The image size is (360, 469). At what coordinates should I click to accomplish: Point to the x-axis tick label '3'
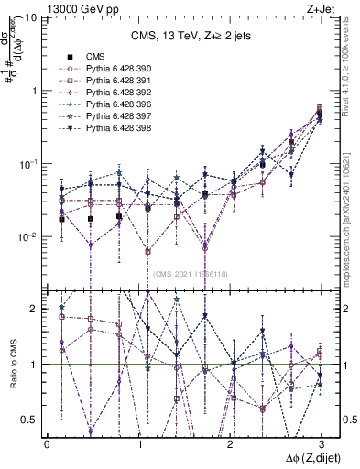pos(321,443)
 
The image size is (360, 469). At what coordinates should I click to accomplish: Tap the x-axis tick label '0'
pos(47,443)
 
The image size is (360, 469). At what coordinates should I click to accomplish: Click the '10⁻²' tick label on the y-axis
pos(29,236)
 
